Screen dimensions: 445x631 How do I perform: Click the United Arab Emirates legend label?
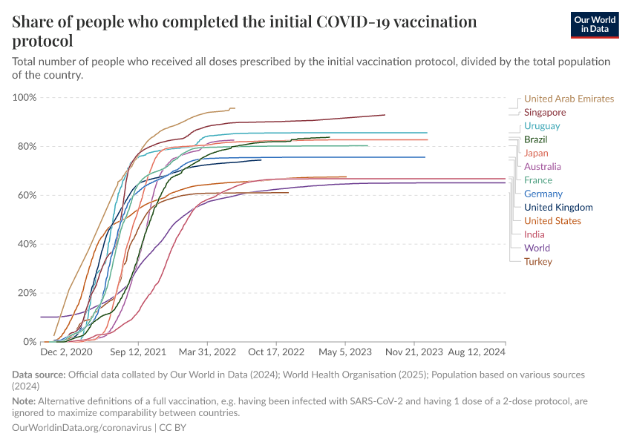pos(569,99)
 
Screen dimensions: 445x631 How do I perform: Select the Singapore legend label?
pos(545,113)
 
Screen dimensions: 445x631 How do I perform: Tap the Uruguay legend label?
pos(542,126)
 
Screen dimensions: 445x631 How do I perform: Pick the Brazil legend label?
pos(536,139)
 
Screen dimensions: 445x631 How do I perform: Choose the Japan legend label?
pos(536,153)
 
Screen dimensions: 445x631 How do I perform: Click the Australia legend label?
pos(542,167)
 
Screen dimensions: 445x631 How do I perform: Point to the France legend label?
pos(537,180)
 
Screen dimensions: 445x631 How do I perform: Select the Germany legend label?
pos(543,194)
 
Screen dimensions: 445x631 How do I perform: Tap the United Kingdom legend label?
pos(558,208)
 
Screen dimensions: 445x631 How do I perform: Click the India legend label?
pos(534,234)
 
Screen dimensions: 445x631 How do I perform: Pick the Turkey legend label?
pos(538,261)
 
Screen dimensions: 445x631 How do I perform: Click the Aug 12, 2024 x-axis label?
pos(478,352)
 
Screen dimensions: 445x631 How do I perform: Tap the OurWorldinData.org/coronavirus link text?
pos(82,428)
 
